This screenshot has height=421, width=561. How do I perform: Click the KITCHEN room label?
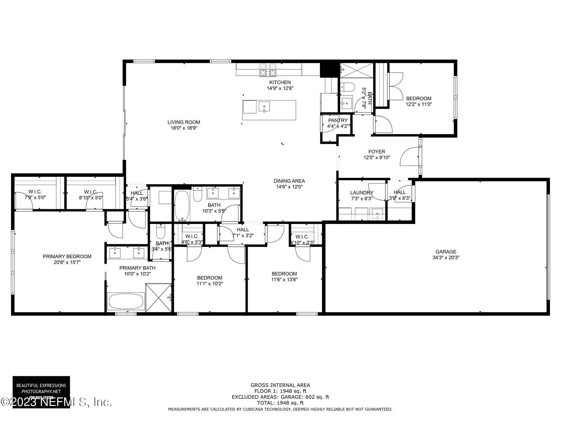(x=280, y=82)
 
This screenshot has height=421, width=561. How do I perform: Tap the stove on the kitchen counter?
(x=268, y=69)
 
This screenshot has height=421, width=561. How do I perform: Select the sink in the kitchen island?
(x=264, y=107)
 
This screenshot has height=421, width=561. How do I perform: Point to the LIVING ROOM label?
(x=184, y=122)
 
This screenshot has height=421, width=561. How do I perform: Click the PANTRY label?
(x=338, y=120)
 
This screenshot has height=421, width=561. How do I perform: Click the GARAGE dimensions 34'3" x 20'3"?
(x=446, y=258)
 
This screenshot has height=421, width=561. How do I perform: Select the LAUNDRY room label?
(x=362, y=193)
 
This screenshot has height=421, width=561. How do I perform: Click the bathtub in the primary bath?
(x=126, y=301)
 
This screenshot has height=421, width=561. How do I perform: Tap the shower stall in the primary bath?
(x=159, y=298)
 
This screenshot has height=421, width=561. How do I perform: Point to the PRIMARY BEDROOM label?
(x=67, y=257)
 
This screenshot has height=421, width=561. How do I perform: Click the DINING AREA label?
(x=289, y=181)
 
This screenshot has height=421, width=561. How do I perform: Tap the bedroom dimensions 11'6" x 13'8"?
(x=284, y=280)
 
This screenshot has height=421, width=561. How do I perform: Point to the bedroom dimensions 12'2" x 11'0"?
(x=419, y=104)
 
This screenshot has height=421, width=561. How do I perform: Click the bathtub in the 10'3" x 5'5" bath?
(x=182, y=206)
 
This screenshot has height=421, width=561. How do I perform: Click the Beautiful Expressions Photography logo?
(x=41, y=388)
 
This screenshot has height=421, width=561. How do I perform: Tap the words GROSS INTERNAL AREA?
(x=280, y=385)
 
